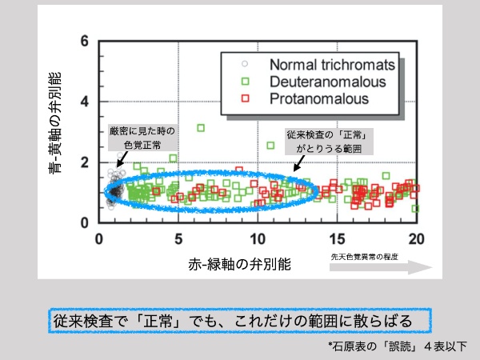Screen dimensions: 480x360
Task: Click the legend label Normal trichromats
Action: pyautogui.click(x=332, y=65)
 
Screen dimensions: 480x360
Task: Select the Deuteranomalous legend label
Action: pyautogui.click(x=327, y=82)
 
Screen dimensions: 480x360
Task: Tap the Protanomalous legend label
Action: pyautogui.click(x=319, y=98)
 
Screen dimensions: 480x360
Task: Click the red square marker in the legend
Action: pyautogui.click(x=246, y=98)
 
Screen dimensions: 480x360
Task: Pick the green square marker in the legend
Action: pyautogui.click(x=246, y=81)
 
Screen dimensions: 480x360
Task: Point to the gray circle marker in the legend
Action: pyautogui.click(x=245, y=64)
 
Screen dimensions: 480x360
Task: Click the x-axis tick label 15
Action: pyautogui.click(x=337, y=239)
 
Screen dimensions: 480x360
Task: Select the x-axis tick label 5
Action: pyautogui.click(x=178, y=239)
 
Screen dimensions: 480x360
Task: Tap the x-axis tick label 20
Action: pyautogui.click(x=416, y=239)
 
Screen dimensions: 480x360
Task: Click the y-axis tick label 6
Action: pyautogui.click(x=85, y=41)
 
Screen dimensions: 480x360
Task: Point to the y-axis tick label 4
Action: pyautogui.click(x=85, y=102)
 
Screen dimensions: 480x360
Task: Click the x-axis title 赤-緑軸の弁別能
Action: pyautogui.click(x=239, y=265)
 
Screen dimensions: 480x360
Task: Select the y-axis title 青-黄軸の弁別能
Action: pyautogui.click(x=55, y=122)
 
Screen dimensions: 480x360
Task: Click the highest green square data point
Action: pyautogui.click(x=201, y=128)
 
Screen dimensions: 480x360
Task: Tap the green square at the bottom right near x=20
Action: pyautogui.click(x=415, y=209)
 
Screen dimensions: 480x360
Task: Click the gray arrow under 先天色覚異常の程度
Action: pyautogui.click(x=381, y=267)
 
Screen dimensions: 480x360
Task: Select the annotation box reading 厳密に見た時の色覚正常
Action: pyautogui.click(x=142, y=138)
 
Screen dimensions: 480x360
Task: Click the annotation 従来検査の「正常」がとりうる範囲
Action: pyautogui.click(x=329, y=142)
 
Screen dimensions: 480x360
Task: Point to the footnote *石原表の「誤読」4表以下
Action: pyautogui.click(x=398, y=346)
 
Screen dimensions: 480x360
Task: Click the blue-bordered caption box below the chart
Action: pyautogui.click(x=240, y=321)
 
